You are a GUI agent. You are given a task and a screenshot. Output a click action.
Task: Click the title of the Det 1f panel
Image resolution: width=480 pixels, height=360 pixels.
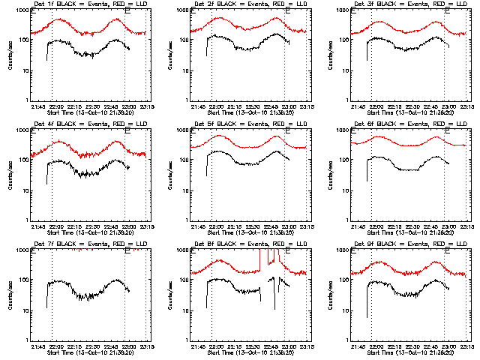pyautogui.click(x=82, y=4)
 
